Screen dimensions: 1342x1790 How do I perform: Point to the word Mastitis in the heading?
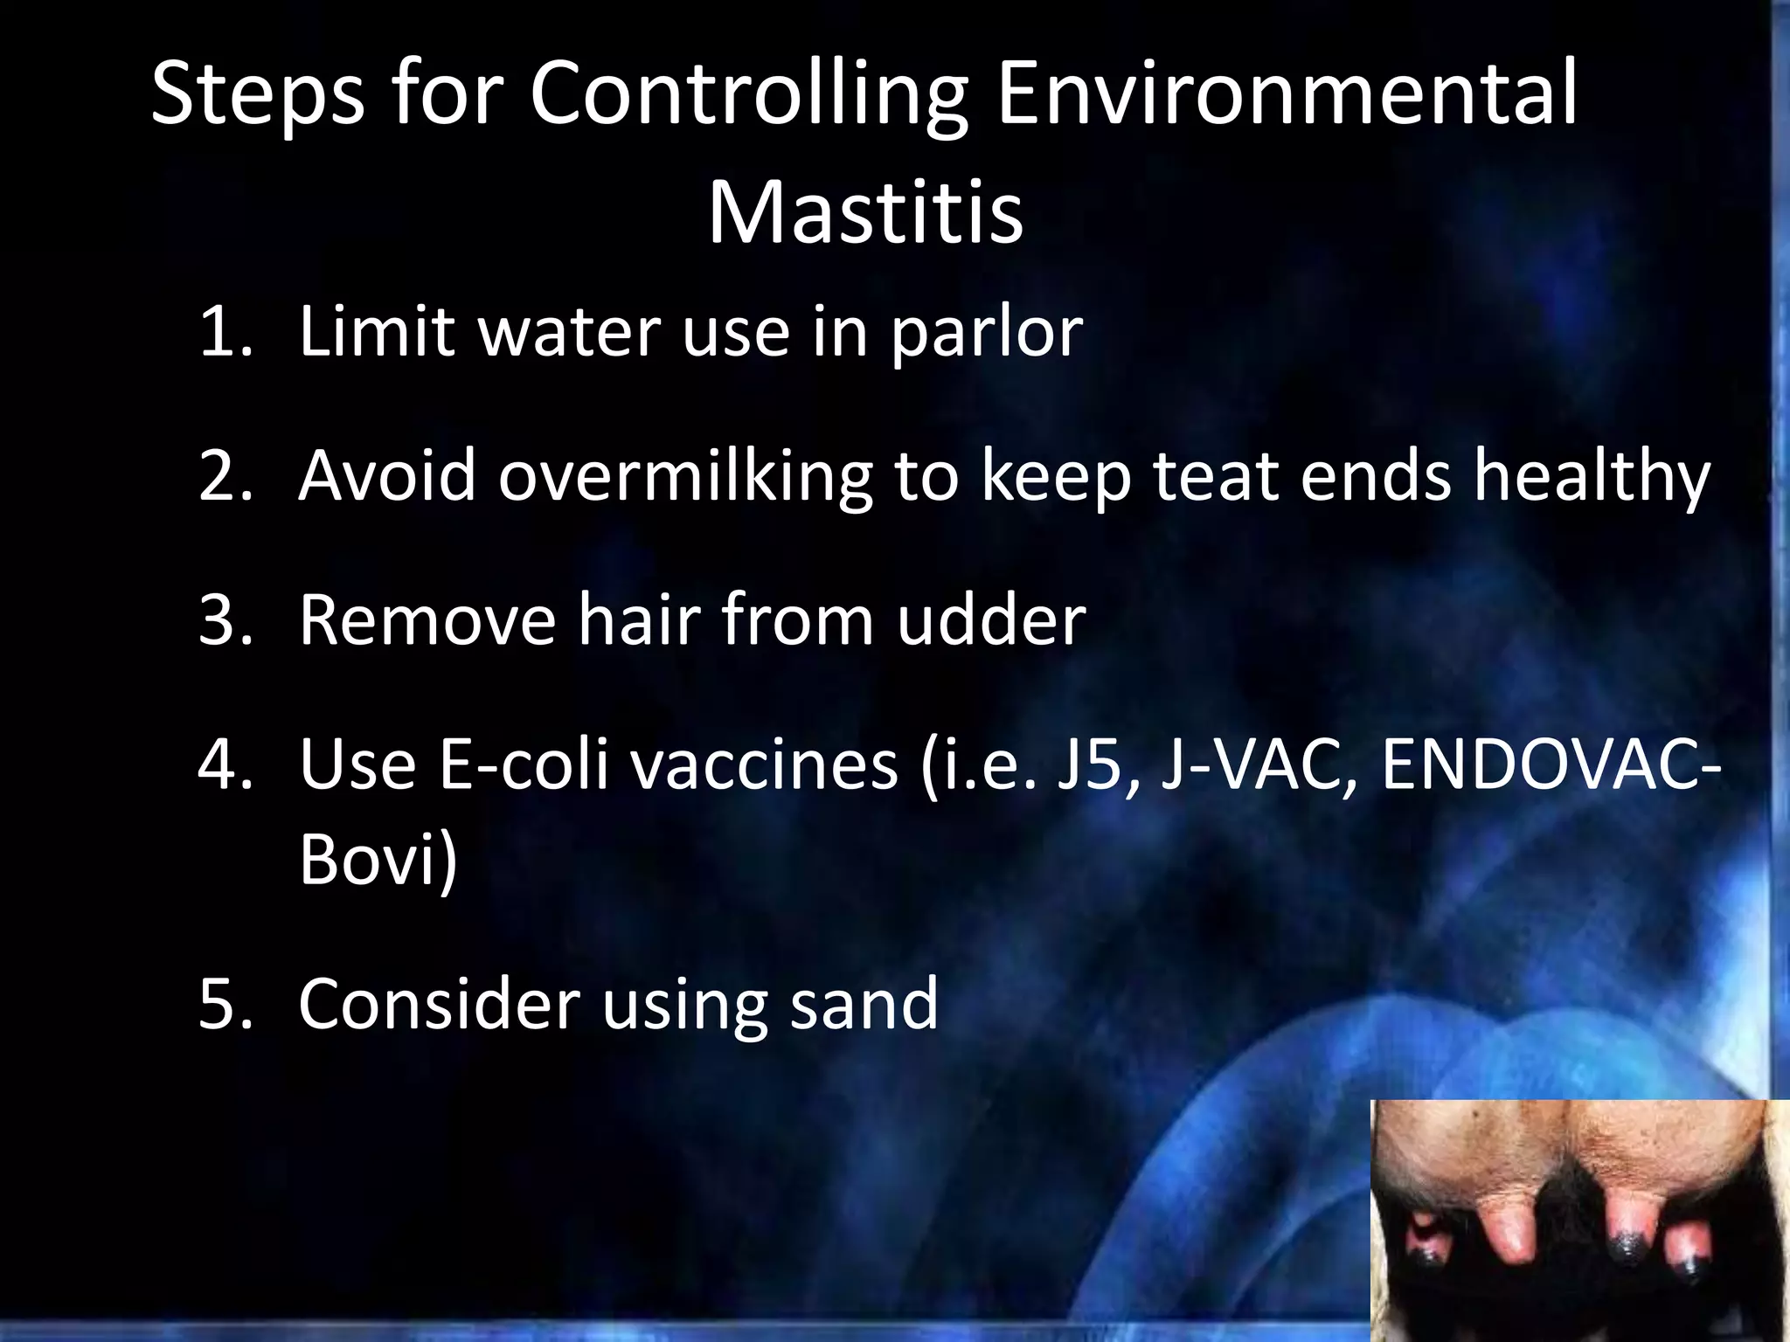pyautogui.click(x=864, y=213)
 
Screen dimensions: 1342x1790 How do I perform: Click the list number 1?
pyautogui.click(x=225, y=332)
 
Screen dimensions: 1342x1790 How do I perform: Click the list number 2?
pyautogui.click(x=225, y=476)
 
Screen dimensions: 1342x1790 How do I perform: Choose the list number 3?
pyautogui.click(x=225, y=620)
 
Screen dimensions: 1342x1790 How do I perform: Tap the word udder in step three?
pyautogui.click(x=990, y=620)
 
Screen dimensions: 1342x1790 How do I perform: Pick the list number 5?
pyautogui.click(x=225, y=1005)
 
